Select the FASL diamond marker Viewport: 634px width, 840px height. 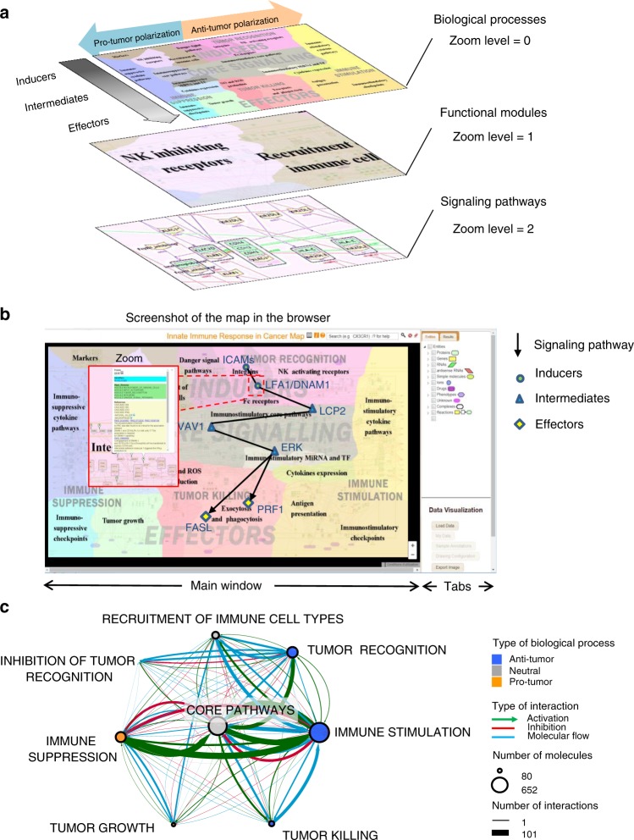point(205,515)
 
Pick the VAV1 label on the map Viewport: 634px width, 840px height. point(188,428)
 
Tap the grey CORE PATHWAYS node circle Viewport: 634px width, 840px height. point(218,727)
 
